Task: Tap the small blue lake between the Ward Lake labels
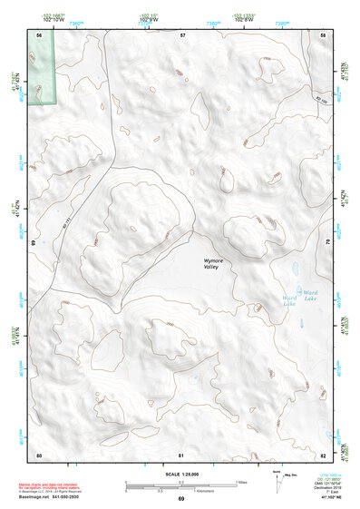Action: pos(296,296)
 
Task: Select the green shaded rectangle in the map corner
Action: pos(39,68)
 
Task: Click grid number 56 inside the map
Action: pos(39,34)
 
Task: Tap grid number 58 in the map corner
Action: pos(324,34)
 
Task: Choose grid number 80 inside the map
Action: pos(39,453)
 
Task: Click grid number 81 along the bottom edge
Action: pos(182,453)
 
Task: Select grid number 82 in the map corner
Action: pos(324,453)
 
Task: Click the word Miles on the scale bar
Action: pos(242,481)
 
